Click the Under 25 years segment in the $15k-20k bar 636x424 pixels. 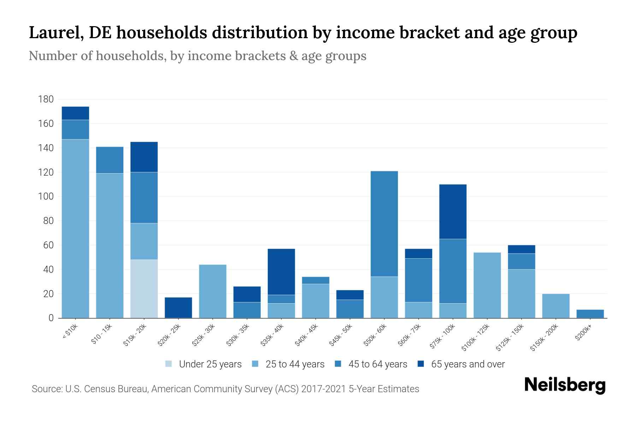(x=144, y=289)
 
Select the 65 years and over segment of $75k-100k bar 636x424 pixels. (x=453, y=212)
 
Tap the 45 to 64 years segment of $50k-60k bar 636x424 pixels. (x=384, y=224)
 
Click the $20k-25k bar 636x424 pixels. (x=178, y=307)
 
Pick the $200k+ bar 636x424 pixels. (x=590, y=314)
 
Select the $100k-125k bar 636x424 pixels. (x=487, y=285)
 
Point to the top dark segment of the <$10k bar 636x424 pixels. (x=75, y=113)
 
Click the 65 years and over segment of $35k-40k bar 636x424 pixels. (x=281, y=272)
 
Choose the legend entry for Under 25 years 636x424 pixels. (x=204, y=364)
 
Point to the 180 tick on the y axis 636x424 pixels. (x=46, y=99)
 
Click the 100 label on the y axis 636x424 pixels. (x=46, y=196)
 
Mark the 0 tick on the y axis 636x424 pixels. (x=51, y=318)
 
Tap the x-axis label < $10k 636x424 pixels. (x=70, y=331)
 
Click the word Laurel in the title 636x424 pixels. (x=55, y=33)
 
